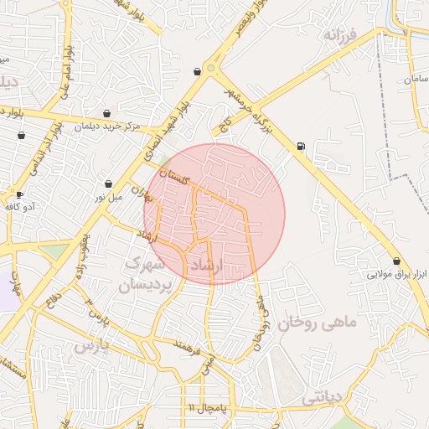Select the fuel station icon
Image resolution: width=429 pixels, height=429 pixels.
click(x=301, y=147)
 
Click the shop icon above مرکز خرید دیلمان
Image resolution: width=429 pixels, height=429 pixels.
click(x=107, y=113)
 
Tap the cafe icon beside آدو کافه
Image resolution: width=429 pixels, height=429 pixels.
click(x=19, y=194)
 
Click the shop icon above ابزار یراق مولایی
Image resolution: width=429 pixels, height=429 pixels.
click(x=395, y=261)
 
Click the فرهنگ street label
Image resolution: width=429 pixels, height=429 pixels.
click(x=184, y=345)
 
